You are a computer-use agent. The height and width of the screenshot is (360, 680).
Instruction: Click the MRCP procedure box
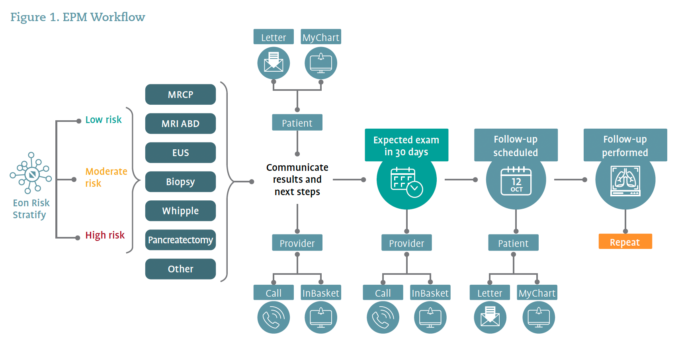[x=180, y=94]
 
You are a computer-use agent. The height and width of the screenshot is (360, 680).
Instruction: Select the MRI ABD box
[x=180, y=123]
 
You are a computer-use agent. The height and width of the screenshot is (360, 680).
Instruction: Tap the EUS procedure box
[x=180, y=153]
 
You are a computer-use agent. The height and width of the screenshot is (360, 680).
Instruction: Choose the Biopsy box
[x=180, y=182]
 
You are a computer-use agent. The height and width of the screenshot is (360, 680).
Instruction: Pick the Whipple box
[x=180, y=211]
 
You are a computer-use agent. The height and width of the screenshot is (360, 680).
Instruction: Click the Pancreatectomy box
[x=180, y=240]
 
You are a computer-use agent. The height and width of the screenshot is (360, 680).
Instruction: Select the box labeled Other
[x=180, y=269]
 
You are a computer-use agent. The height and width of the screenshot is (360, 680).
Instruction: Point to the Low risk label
[x=104, y=119]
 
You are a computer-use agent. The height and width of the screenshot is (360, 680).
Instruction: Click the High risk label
[x=105, y=235]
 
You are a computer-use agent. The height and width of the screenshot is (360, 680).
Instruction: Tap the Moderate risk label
[x=106, y=177]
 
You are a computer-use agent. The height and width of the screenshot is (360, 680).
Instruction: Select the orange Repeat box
[x=625, y=242]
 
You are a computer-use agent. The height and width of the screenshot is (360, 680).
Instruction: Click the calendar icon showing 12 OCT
[x=516, y=181]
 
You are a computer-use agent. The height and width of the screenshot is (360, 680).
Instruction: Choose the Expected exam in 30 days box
[x=406, y=145]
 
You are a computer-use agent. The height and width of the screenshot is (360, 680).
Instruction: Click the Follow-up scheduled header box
[x=516, y=145]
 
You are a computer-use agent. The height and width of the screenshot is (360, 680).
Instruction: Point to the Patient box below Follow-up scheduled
[x=513, y=243]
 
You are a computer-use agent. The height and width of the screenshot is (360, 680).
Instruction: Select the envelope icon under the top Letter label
[x=274, y=63]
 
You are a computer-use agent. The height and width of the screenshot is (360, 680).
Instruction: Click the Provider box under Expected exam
[x=406, y=243]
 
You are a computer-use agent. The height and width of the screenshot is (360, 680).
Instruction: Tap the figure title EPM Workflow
[x=78, y=17]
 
